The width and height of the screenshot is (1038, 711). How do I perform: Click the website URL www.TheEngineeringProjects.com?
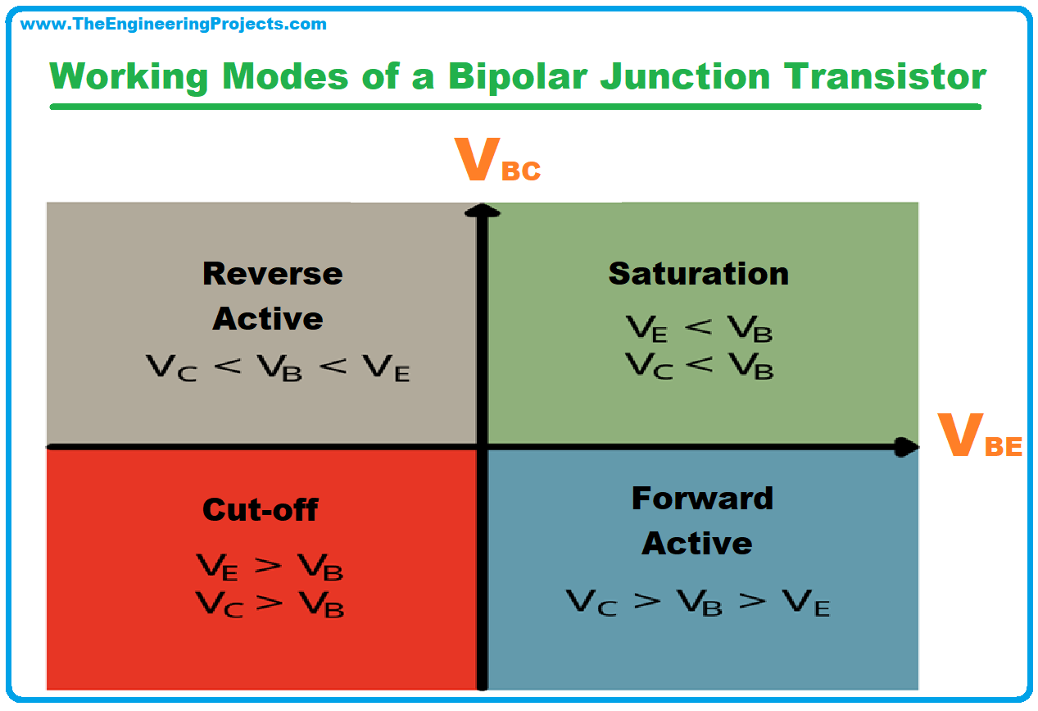click(x=174, y=24)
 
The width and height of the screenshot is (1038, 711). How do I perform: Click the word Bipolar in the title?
click(x=518, y=77)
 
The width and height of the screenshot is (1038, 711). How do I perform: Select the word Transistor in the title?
click(x=885, y=76)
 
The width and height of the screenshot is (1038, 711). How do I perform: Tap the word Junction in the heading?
click(x=685, y=76)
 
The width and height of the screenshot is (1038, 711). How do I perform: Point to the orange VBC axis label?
click(x=497, y=159)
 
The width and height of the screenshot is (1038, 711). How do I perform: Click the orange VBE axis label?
click(x=980, y=435)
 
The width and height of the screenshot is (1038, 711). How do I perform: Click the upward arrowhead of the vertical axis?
click(x=483, y=211)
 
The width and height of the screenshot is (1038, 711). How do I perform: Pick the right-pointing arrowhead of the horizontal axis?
click(x=906, y=447)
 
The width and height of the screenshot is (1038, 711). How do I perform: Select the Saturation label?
click(x=698, y=274)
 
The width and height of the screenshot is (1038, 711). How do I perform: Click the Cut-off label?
click(x=261, y=510)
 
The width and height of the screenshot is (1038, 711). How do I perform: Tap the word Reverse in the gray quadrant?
click(x=273, y=274)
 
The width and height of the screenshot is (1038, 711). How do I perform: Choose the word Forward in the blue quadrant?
click(x=702, y=499)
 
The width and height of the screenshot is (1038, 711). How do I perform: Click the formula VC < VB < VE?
click(x=278, y=367)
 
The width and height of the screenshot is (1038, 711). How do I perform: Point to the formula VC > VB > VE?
click(x=698, y=603)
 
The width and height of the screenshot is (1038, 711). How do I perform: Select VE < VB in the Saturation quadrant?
click(x=700, y=328)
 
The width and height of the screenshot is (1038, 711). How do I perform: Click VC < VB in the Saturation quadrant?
click(x=700, y=366)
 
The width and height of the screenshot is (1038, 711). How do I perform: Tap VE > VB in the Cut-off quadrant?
click(x=270, y=567)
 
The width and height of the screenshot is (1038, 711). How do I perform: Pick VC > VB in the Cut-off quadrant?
click(x=270, y=604)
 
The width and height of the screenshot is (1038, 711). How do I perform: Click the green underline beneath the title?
click(x=515, y=107)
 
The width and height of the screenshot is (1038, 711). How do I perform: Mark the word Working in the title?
click(x=129, y=78)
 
